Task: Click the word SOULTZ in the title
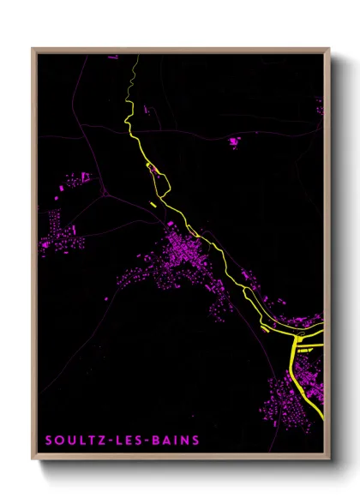(76, 441)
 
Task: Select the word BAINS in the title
(177, 441)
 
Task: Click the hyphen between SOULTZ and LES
(116, 441)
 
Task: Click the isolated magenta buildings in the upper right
(234, 141)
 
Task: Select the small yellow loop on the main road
(153, 169)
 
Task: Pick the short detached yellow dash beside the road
(152, 204)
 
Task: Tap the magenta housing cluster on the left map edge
(53, 231)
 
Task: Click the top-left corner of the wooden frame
(33, 50)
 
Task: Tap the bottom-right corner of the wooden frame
(328, 459)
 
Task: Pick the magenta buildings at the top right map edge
(320, 106)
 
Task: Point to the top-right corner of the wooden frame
(328, 50)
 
